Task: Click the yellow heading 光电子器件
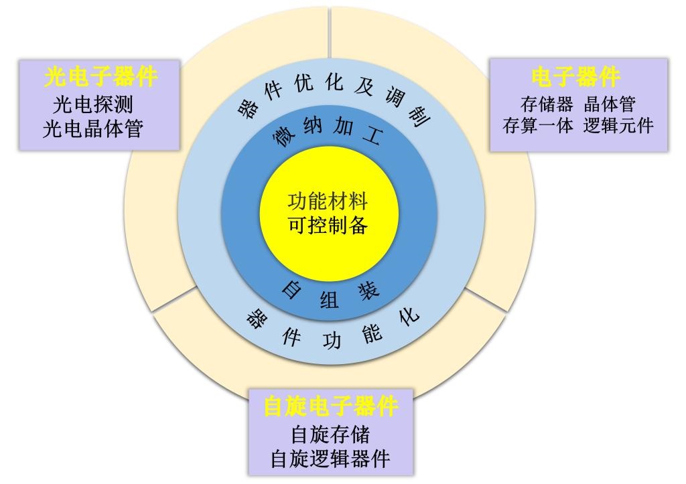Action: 100,78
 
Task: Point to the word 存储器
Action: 547,105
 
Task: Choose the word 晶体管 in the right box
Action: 610,105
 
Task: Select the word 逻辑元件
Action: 618,126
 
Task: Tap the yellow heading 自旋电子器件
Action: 331,406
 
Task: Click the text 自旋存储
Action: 330,434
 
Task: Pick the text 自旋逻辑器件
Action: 330,459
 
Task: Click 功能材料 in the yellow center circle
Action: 328,201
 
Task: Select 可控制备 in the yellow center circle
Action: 328,225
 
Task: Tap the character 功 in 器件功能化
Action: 332,341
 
